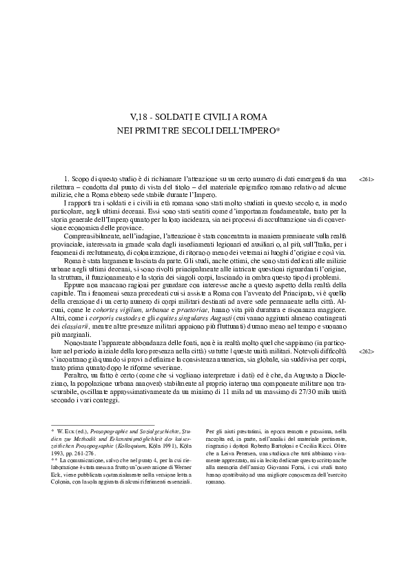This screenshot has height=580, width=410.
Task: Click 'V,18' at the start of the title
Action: tap(140, 116)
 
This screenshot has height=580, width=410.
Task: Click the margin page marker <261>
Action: tap(367, 179)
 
